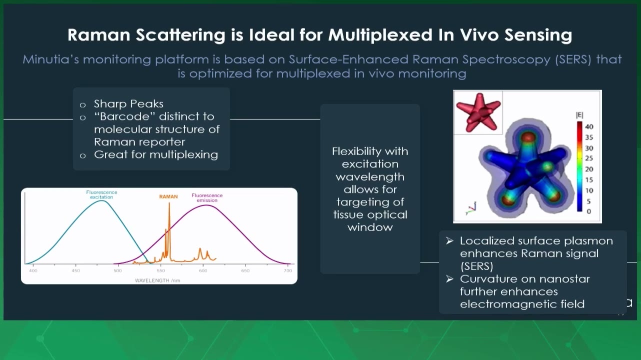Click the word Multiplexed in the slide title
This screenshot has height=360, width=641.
click(x=380, y=35)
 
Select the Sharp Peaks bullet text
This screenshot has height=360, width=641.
click(x=128, y=103)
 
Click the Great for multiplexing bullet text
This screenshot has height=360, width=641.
click(x=156, y=154)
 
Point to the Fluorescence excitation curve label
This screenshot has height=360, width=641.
click(x=101, y=194)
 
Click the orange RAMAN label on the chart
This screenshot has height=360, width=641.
click(x=168, y=196)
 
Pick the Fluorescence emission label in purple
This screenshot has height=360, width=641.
click(x=207, y=197)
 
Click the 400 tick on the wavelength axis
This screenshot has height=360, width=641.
click(x=33, y=270)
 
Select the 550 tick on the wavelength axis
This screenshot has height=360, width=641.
click(x=161, y=270)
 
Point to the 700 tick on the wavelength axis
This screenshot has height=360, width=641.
click(x=288, y=270)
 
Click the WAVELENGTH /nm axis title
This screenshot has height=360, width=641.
click(x=157, y=280)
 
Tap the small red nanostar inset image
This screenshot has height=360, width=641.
click(x=478, y=112)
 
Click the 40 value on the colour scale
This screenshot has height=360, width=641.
click(x=589, y=126)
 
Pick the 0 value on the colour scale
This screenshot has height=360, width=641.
click(x=588, y=211)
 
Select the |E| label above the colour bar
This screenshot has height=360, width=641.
click(x=579, y=115)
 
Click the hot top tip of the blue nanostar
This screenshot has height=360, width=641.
click(x=528, y=137)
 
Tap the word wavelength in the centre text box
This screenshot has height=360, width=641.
click(x=370, y=177)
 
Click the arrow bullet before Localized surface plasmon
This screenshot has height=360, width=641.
click(x=449, y=241)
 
